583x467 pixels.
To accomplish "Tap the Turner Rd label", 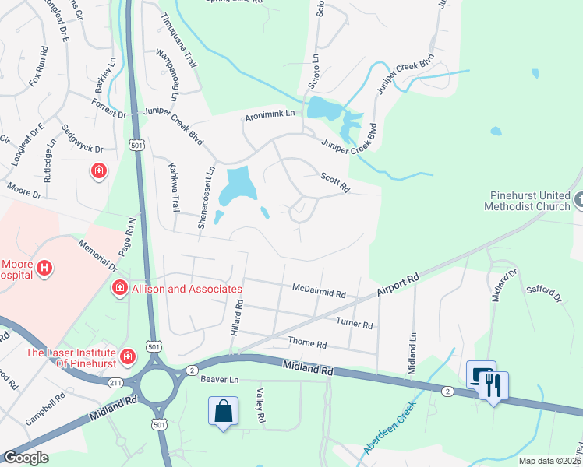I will click(x=355, y=322).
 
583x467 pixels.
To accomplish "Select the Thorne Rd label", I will click(x=307, y=342).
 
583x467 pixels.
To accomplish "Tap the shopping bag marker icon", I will click(x=224, y=410).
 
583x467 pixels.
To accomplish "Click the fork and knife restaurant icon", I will click(x=493, y=385).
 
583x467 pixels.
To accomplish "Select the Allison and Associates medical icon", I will click(x=120, y=289).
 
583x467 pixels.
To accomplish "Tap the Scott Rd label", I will click(x=335, y=181).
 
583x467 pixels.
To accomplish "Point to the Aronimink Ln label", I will click(x=270, y=114).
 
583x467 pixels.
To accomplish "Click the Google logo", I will click(x=26, y=458).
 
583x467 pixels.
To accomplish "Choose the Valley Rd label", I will click(x=260, y=406).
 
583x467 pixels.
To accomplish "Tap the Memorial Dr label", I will click(x=97, y=255).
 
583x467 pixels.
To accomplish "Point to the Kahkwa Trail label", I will click(x=174, y=188).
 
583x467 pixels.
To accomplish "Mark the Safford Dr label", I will click(x=546, y=291).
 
